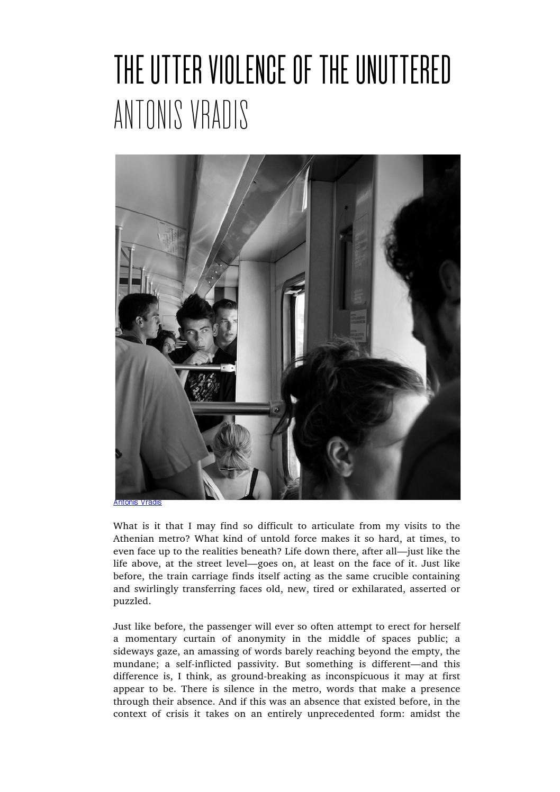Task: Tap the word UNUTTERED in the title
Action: click(403, 70)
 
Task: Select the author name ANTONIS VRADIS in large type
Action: click(181, 115)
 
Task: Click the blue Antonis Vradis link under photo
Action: click(137, 503)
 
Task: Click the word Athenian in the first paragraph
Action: click(133, 539)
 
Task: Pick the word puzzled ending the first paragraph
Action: click(132, 601)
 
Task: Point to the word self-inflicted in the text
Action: click(207, 664)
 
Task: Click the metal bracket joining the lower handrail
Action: click(276, 408)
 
